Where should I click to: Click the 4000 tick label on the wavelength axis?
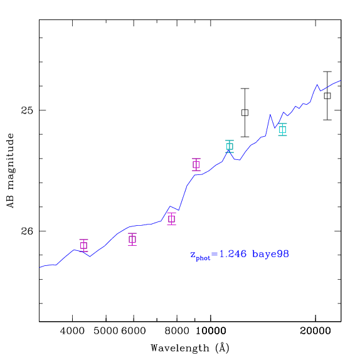click(72, 331)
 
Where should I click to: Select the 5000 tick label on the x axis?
click(106, 331)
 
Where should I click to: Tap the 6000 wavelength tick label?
click(134, 331)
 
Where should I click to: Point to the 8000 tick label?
click(177, 331)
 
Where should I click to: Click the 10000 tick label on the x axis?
click(211, 331)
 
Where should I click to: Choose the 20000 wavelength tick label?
click(315, 331)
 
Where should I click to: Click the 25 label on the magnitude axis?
click(27, 110)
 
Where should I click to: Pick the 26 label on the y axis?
click(27, 231)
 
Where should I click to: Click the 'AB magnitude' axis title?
click(10, 171)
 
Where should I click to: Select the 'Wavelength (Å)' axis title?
click(190, 348)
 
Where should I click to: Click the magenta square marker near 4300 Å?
click(84, 246)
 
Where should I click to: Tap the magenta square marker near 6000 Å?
click(132, 240)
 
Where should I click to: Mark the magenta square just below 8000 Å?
click(171, 219)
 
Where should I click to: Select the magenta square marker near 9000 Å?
click(196, 164)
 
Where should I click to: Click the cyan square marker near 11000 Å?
click(230, 146)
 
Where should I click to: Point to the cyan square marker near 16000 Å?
click(283, 130)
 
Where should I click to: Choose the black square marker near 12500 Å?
click(245, 113)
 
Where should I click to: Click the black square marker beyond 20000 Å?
click(327, 96)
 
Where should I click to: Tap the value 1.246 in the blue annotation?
click(233, 254)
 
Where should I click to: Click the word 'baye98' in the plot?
click(271, 254)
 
